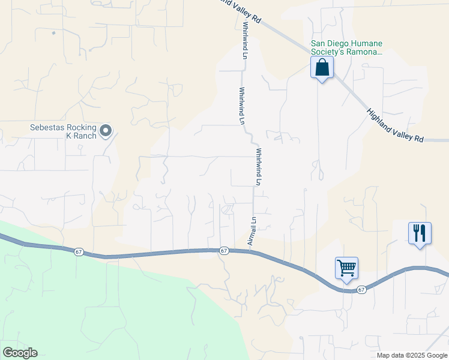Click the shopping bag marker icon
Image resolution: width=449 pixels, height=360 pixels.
322,68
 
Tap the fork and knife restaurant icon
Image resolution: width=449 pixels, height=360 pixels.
420,232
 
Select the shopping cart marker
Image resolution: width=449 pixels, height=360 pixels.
346,268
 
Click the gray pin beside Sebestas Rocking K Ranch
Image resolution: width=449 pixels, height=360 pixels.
106,130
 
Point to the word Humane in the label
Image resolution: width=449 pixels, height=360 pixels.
366,43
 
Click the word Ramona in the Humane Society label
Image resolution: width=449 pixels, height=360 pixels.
364,52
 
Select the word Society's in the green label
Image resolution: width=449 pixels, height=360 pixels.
327,52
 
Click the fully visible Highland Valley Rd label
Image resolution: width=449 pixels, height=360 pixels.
395,125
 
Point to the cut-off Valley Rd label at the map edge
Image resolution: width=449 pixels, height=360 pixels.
240,11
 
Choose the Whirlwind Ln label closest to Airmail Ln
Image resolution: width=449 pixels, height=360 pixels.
260,166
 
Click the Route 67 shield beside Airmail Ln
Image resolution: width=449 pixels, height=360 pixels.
223,250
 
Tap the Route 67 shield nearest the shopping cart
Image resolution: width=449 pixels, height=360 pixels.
361,290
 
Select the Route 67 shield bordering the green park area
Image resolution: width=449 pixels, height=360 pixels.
79,252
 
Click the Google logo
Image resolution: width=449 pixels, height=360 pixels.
20,353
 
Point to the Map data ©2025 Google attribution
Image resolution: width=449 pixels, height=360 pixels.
412,355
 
